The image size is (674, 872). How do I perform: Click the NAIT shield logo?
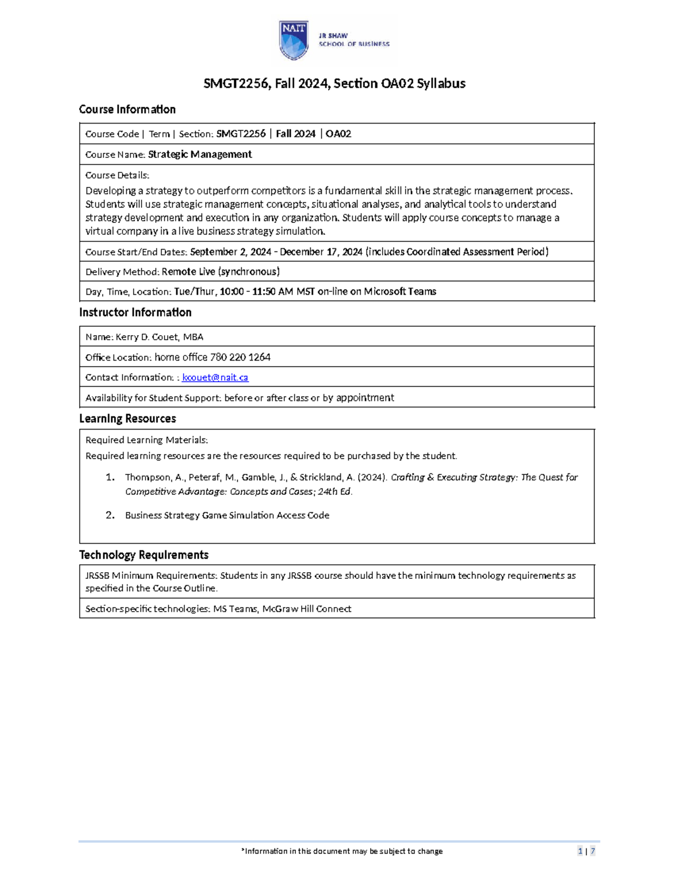[294, 40]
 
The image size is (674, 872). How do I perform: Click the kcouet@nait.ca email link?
[215, 377]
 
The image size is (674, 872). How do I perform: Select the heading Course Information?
[127, 109]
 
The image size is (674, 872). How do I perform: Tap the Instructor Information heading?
[135, 312]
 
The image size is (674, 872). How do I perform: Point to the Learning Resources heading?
[127, 418]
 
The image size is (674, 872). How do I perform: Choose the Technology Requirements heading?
[143, 555]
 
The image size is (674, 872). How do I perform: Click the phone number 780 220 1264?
[240, 357]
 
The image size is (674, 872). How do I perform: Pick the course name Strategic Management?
[199, 154]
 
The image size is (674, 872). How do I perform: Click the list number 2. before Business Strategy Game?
[110, 515]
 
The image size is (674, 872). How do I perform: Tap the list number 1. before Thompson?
[110, 477]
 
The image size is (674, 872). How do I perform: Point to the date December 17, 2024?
[321, 252]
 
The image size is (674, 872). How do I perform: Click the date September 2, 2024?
[231, 252]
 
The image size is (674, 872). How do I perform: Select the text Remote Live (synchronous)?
[220, 272]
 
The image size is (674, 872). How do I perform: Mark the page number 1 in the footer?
[580, 851]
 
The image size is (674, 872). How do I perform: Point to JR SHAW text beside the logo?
[333, 35]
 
